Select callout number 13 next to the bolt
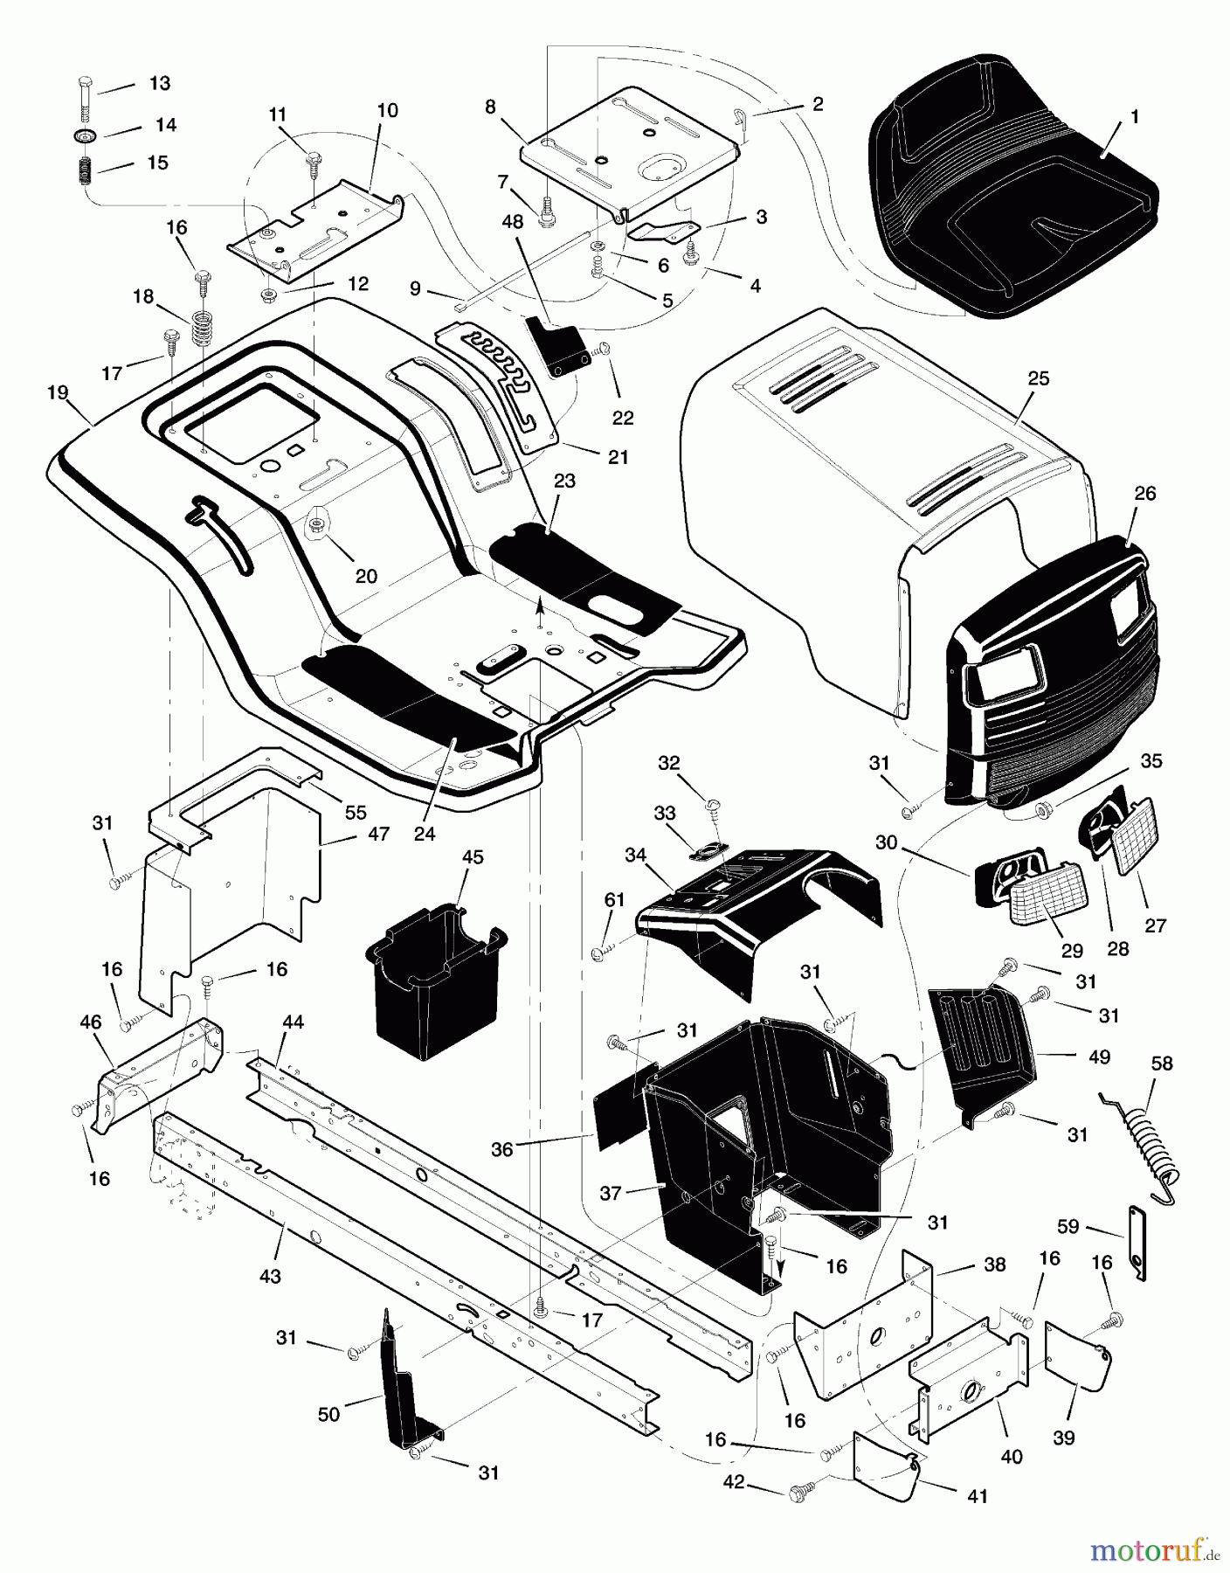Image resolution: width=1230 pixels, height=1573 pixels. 160,84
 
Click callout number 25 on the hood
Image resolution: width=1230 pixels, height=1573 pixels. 1039,378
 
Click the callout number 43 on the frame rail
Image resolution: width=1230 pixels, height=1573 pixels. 270,1277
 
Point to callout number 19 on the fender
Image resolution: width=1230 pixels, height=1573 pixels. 58,393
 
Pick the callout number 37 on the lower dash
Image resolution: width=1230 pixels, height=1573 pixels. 611,1192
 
